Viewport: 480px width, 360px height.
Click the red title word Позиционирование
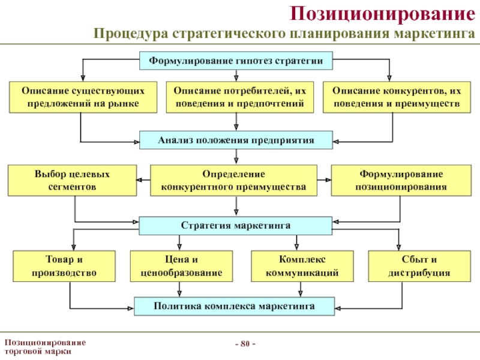[x=382, y=14]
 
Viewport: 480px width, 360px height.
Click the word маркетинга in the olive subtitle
[x=434, y=33]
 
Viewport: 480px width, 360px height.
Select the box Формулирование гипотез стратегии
[x=236, y=61]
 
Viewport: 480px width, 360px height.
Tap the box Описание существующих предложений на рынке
[x=83, y=97]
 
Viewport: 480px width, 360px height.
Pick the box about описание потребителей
[x=239, y=97]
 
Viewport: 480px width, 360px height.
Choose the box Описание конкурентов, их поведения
[x=397, y=97]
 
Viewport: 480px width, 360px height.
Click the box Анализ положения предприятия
[x=236, y=140]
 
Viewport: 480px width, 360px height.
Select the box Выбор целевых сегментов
[x=72, y=181]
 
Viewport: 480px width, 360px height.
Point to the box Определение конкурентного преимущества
[x=233, y=181]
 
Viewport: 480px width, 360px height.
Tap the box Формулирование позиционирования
[x=401, y=181]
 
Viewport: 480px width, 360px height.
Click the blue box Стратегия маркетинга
[x=235, y=226]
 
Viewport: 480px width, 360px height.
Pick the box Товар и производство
[x=64, y=266]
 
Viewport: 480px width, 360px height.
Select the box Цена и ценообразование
[x=181, y=266]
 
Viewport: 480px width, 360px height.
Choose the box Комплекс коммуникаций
[x=302, y=266]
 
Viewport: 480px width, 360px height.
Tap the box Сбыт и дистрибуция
[x=419, y=266]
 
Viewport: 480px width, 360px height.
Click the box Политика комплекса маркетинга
[x=234, y=306]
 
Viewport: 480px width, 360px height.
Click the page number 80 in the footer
[x=245, y=344]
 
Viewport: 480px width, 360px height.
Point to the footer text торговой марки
[x=38, y=352]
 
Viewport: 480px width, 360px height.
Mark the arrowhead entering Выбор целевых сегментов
[x=139, y=180]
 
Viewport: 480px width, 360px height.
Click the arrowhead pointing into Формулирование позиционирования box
[x=328, y=180]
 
